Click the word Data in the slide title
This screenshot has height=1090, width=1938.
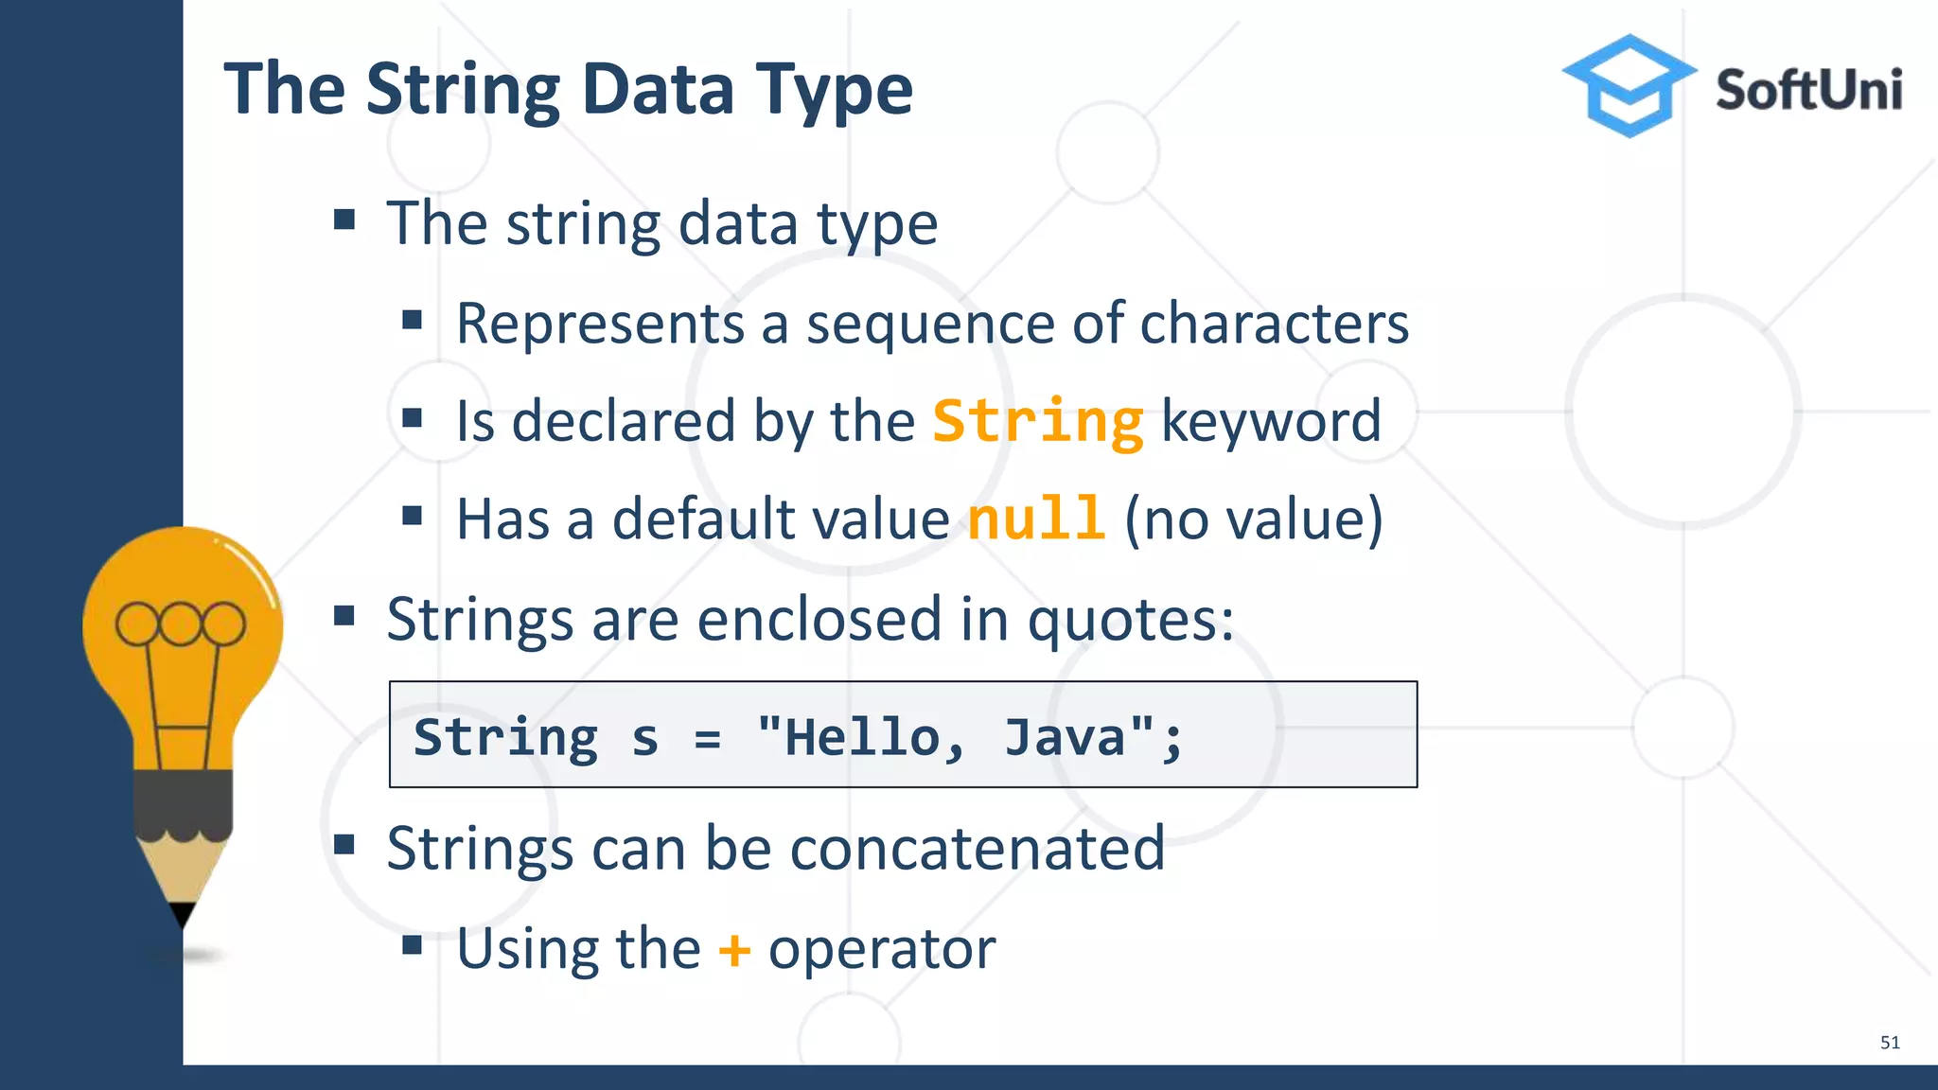click(657, 89)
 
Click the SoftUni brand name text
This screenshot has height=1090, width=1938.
click(1808, 91)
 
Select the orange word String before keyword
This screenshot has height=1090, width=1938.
click(1038, 421)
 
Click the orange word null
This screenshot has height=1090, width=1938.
click(1035, 519)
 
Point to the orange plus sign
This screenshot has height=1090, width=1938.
click(734, 949)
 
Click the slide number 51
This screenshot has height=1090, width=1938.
click(1889, 1043)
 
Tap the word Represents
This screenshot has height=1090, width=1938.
click(600, 324)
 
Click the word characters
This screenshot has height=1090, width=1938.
click(1274, 324)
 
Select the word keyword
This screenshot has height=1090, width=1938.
click(1270, 421)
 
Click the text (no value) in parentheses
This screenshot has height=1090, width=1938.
click(1253, 519)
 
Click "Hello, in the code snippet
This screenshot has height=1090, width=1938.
click(861, 737)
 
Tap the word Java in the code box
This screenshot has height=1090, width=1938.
click(1065, 737)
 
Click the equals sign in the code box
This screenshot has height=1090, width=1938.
click(707, 737)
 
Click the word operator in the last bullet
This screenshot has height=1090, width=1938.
click(881, 949)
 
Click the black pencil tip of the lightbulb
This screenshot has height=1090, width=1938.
click(183, 913)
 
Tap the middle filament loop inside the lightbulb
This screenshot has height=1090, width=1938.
click(180, 624)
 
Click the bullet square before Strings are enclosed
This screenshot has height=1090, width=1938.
click(344, 618)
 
